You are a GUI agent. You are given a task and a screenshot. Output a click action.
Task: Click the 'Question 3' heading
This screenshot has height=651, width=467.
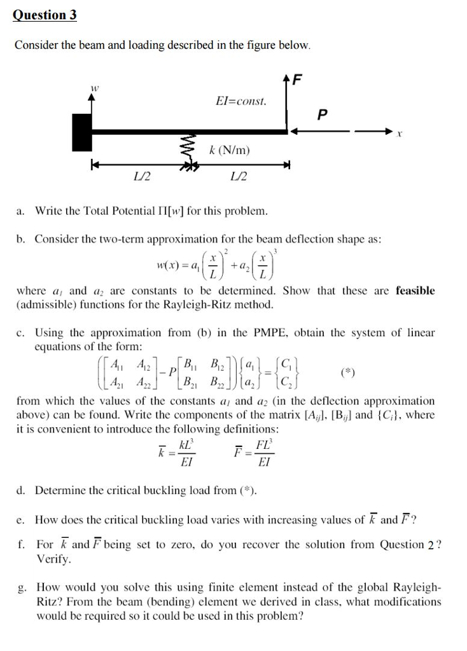click(45, 15)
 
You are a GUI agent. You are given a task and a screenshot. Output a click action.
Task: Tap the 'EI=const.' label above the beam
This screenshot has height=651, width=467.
click(241, 101)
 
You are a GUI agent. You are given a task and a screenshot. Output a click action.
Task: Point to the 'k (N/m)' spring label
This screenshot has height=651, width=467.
click(229, 150)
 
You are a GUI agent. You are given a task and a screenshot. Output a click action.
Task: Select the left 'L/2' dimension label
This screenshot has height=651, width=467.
click(141, 175)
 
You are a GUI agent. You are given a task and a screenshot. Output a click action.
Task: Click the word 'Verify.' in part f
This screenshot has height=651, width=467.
click(54, 560)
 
